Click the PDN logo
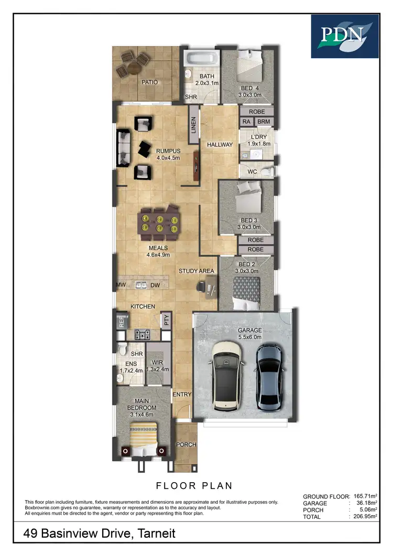344,36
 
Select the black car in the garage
270,376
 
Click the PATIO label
149,82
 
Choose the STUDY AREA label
196,271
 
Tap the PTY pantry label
167,320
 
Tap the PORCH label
186,445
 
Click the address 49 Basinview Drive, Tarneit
100,533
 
